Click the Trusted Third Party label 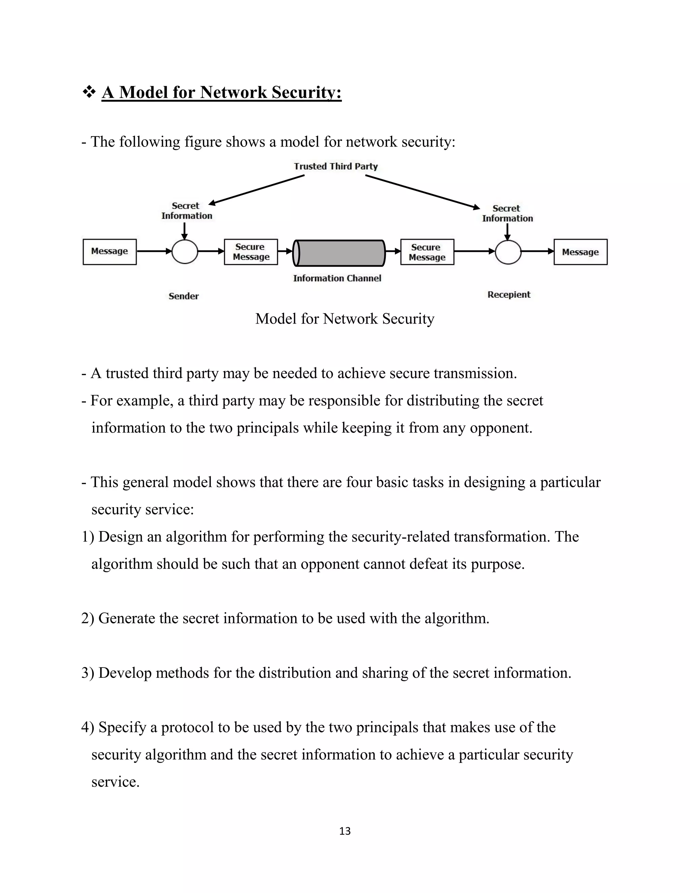coord(336,166)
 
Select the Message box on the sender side coord(109,252)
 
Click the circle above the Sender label coord(185,251)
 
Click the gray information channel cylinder coord(339,253)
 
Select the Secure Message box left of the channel coord(251,252)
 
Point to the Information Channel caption coord(337,278)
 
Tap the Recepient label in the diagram coord(509,295)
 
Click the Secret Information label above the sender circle coord(186,211)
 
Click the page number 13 coord(345,831)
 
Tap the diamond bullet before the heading coord(89,92)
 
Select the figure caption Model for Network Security coord(345,319)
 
